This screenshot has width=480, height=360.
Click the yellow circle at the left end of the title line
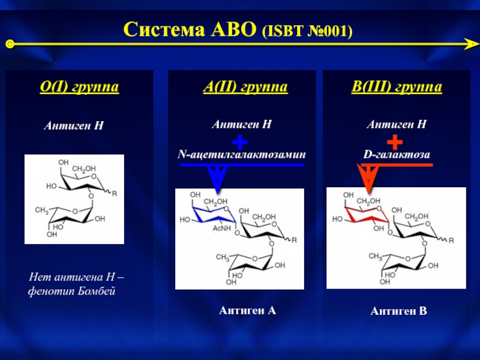(x=10, y=44)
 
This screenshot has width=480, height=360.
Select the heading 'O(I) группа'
(x=79, y=88)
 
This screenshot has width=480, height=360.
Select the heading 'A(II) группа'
(x=245, y=88)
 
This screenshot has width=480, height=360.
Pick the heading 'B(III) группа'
(x=397, y=88)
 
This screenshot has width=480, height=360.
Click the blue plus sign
(x=239, y=142)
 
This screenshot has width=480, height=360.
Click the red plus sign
(x=394, y=142)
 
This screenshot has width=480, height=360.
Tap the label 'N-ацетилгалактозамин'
(x=242, y=155)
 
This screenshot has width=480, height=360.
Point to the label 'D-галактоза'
(x=397, y=155)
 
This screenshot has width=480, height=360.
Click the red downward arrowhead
(x=367, y=178)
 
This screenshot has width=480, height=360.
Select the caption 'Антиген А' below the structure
(x=247, y=310)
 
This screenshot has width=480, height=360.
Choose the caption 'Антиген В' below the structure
(x=398, y=311)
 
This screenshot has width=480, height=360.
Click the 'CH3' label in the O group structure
(x=41, y=210)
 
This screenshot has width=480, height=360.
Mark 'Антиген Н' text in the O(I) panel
(x=74, y=127)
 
